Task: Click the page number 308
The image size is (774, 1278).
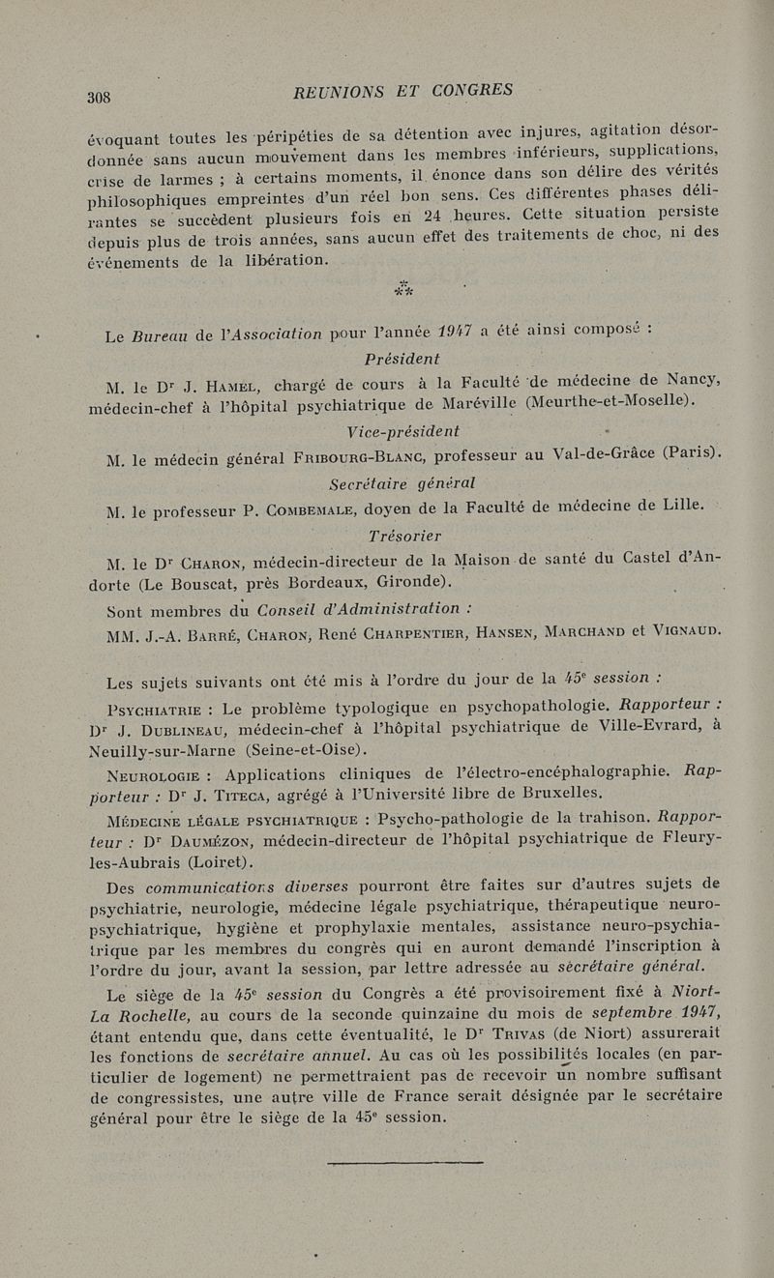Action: pos(100,97)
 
